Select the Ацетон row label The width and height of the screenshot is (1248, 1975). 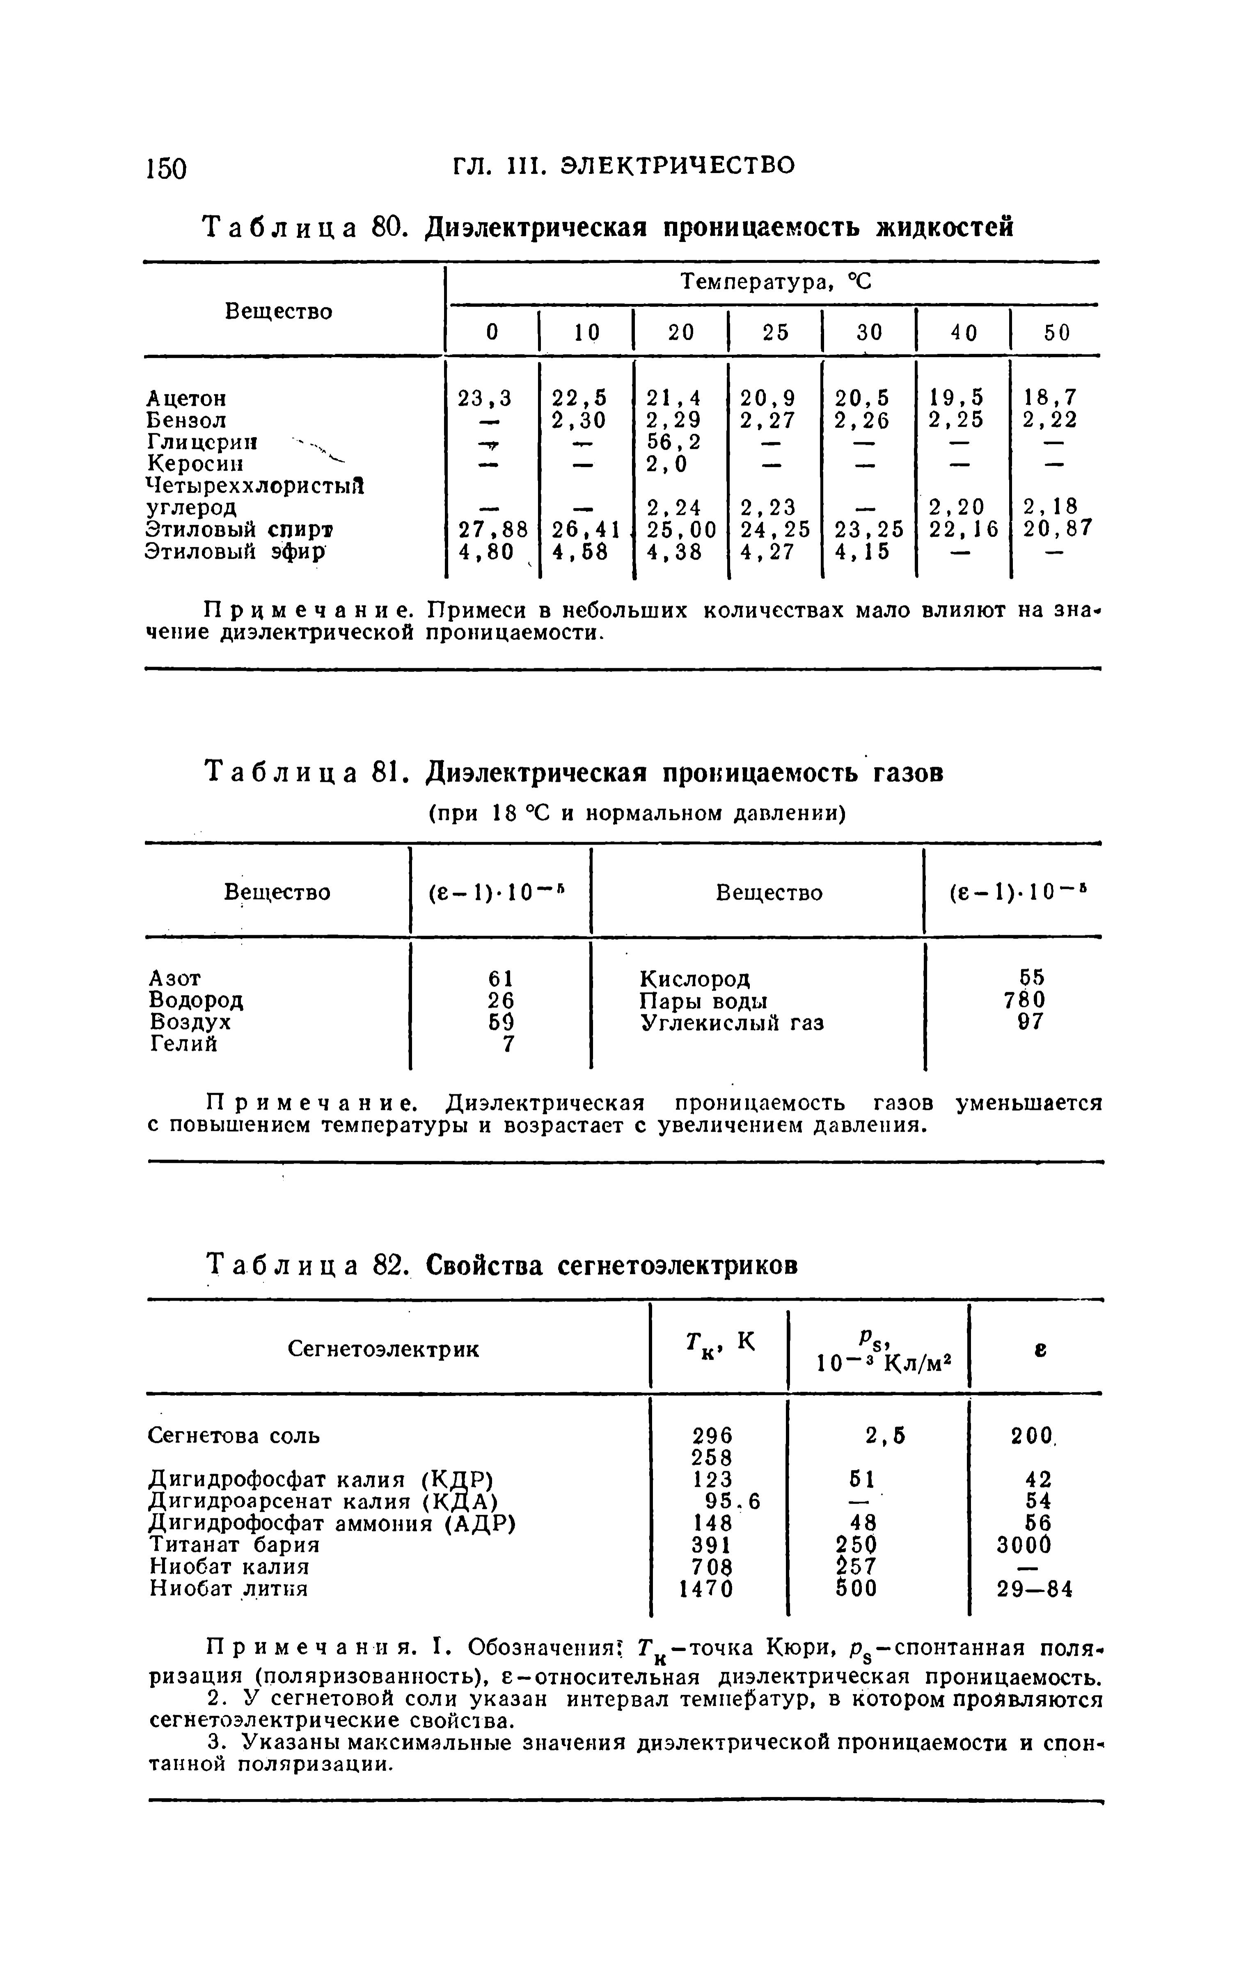coord(186,399)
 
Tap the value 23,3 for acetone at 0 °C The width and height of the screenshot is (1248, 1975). coord(485,398)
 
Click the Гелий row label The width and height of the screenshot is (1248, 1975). coord(184,1044)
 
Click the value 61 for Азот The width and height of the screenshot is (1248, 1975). coord(501,979)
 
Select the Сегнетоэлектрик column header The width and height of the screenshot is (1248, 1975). coord(385,1349)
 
